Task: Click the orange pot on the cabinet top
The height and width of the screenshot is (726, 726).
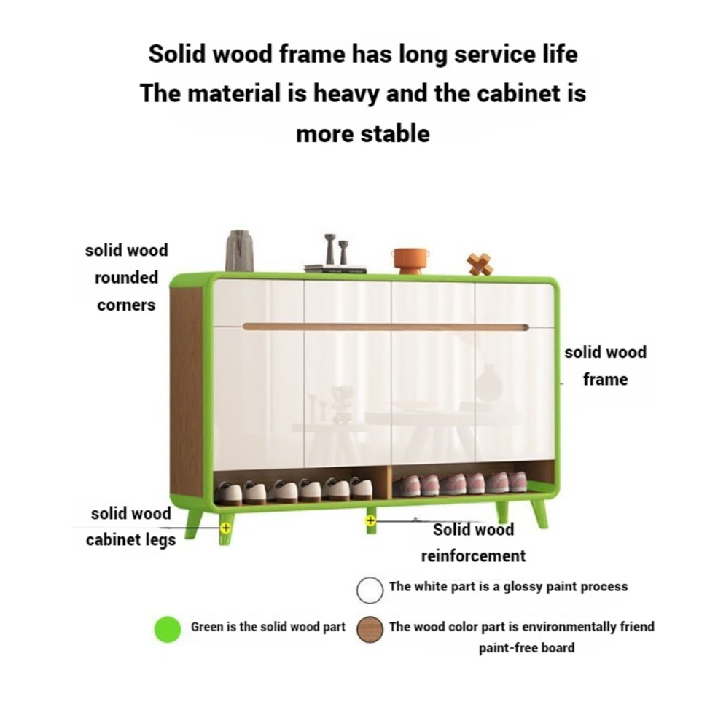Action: [409, 259]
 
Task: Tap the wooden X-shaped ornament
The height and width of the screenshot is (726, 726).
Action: [480, 264]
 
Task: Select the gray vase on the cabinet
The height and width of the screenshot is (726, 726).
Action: [239, 251]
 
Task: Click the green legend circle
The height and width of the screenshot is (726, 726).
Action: [168, 628]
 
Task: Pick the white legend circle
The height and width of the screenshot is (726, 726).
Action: [370, 589]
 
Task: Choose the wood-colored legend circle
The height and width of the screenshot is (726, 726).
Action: [370, 629]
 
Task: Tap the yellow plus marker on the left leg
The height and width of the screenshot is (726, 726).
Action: [225, 526]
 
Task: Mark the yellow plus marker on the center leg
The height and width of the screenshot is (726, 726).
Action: [370, 520]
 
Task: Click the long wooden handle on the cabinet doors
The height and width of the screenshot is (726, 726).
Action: [386, 327]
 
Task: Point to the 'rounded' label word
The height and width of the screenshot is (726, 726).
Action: [126, 278]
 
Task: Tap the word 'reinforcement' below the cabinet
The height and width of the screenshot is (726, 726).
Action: [473, 556]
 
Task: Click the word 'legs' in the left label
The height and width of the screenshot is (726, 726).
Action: [160, 541]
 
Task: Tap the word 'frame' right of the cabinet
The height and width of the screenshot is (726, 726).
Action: [605, 380]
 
